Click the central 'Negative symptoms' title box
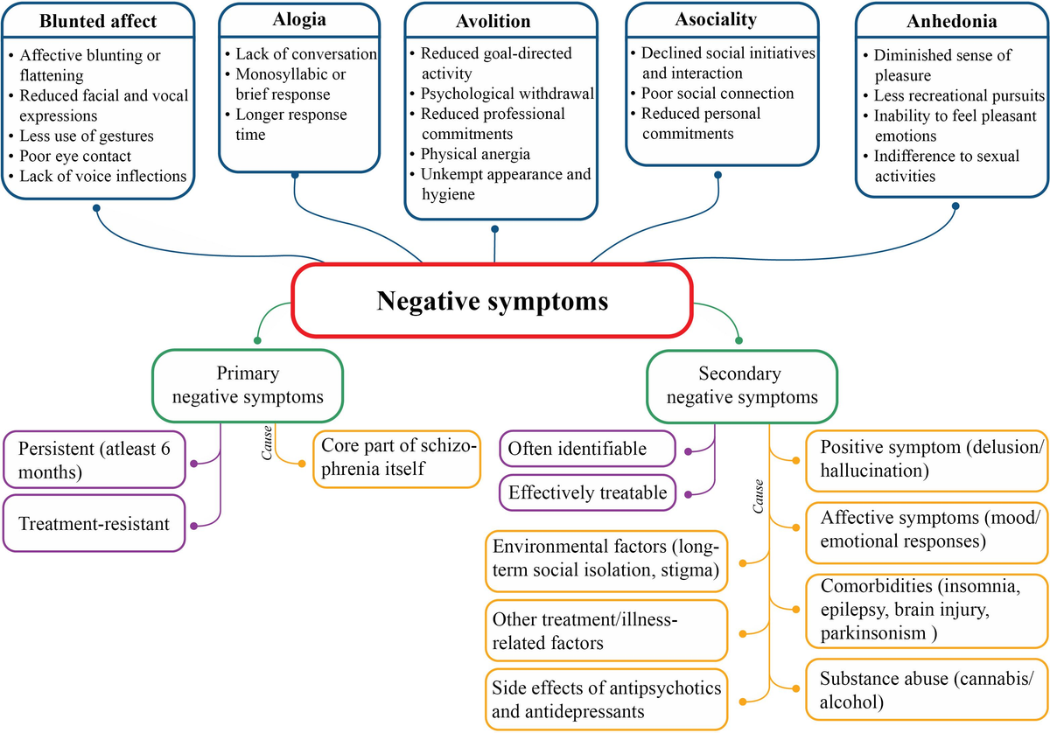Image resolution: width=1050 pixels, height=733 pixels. point(492,300)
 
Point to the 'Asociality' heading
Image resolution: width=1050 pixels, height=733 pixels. point(716,18)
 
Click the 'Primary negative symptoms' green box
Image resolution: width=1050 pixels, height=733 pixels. point(247,386)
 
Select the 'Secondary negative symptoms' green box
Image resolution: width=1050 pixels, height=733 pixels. point(740,386)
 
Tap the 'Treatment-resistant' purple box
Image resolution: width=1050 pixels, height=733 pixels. point(94,524)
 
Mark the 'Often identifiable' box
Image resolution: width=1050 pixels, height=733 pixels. point(588,450)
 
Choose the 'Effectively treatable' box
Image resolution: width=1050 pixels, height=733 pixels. point(588,493)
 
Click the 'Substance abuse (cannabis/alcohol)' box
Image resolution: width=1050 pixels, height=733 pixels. point(926,689)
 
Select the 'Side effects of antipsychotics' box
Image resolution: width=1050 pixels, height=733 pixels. point(605,700)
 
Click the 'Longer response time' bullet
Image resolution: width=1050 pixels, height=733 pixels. point(290,125)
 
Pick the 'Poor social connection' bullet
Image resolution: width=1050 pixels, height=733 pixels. point(717,94)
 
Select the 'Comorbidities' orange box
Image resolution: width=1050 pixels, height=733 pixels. point(926,608)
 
